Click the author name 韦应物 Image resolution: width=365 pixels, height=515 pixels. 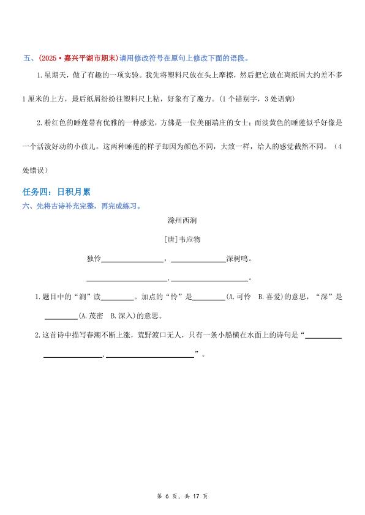click(189, 239)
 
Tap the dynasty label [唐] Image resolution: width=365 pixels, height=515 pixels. click(170, 239)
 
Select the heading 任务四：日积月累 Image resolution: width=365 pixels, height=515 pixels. click(56, 193)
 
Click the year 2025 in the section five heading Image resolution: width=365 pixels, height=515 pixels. click(49, 58)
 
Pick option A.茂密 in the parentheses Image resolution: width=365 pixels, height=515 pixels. click(92, 316)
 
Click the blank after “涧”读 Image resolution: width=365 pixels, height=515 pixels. click(116, 297)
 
